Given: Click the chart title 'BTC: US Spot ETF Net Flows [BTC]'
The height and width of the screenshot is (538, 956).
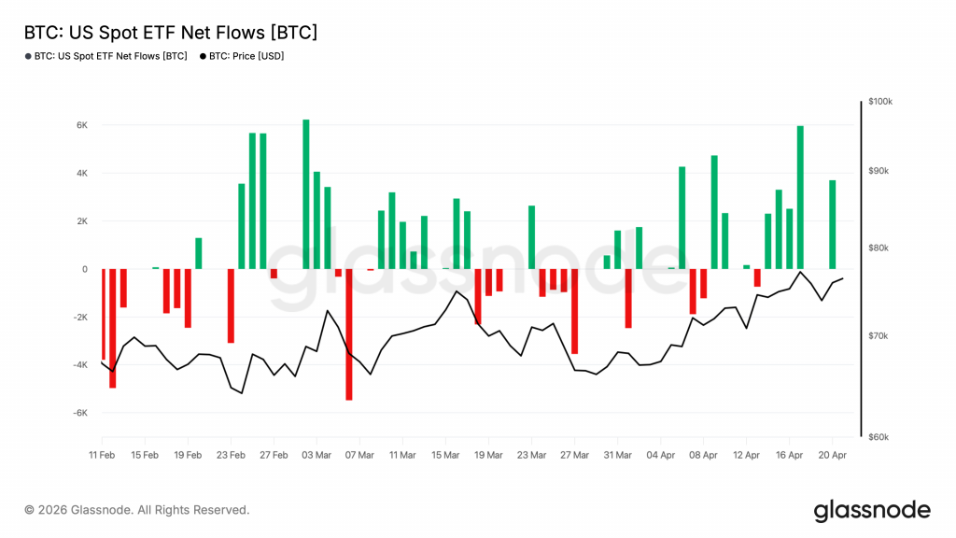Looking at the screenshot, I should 170,33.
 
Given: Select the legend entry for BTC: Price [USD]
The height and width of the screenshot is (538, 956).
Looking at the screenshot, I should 242,57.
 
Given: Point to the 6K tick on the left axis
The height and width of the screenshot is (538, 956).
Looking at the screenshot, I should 81,125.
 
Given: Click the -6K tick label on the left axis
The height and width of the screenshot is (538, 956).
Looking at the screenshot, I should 80,413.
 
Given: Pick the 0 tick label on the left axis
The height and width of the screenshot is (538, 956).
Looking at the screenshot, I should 84,269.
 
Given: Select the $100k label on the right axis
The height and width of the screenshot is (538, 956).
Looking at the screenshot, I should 879,101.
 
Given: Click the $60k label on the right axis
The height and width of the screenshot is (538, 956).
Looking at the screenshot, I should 879,437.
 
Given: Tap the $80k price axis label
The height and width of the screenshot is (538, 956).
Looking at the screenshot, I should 879,248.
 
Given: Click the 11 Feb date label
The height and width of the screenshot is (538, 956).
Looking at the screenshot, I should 102,455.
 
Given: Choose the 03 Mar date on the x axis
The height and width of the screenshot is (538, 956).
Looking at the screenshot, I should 316,455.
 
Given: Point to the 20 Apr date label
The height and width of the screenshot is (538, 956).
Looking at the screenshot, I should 832,455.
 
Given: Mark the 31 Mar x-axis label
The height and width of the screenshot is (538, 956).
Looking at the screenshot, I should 617,455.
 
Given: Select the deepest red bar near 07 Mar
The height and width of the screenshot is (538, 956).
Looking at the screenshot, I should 348,334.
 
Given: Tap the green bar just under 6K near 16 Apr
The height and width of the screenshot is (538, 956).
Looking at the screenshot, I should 800,197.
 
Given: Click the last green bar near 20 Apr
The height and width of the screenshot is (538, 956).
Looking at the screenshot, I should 832,224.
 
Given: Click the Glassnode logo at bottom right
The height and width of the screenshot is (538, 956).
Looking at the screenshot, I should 872,510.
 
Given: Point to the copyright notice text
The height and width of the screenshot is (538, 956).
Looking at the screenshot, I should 137,510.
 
